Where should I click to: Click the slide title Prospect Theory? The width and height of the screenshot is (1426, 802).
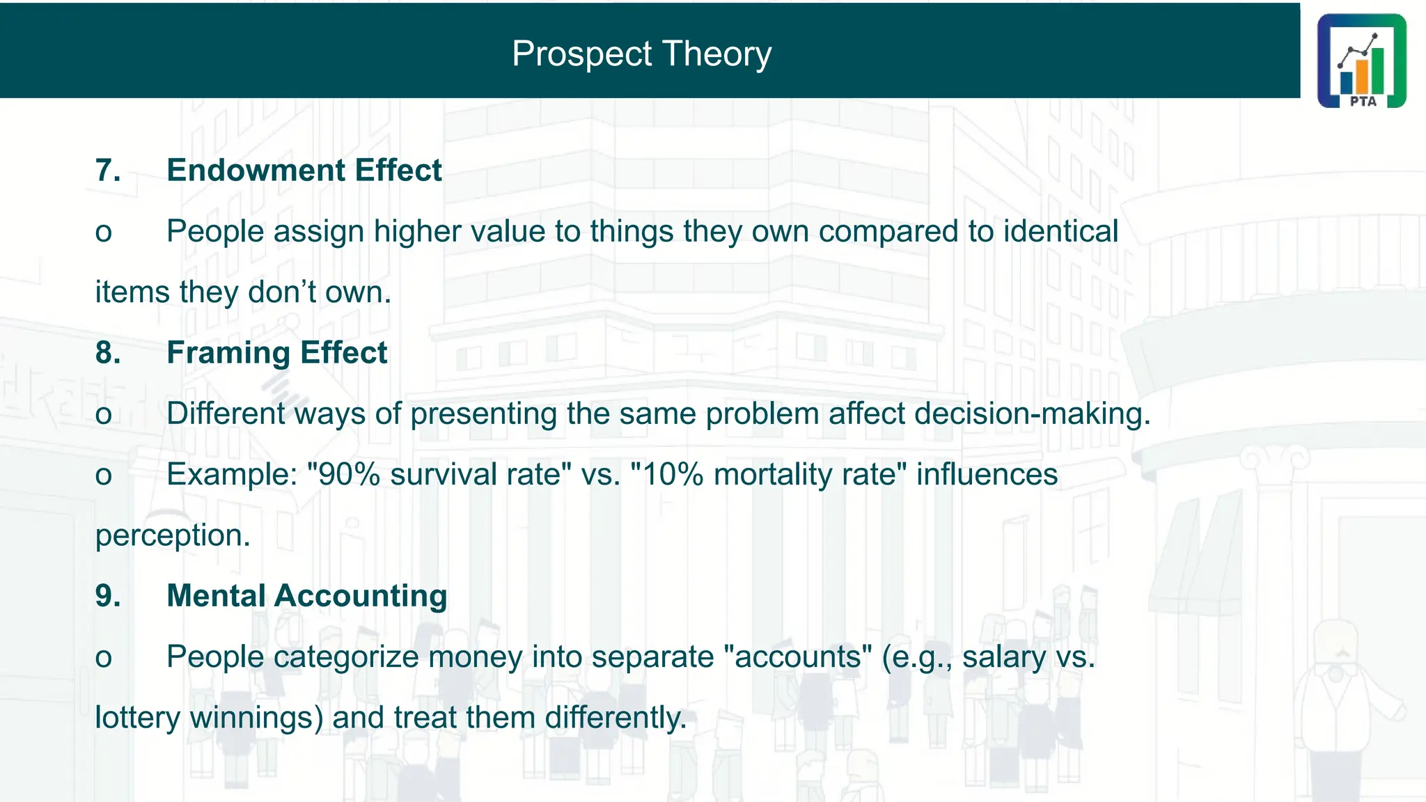pyautogui.click(x=641, y=54)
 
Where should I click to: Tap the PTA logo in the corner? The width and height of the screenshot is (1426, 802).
pyautogui.click(x=1361, y=61)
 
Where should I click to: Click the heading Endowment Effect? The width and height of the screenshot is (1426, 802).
pyautogui.click(x=304, y=171)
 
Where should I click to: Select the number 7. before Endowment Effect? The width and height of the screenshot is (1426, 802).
pyautogui.click(x=108, y=171)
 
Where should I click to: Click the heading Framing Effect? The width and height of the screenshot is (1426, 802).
pyautogui.click(x=276, y=353)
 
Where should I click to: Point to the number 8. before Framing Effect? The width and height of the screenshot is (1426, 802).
pyautogui.click(x=108, y=353)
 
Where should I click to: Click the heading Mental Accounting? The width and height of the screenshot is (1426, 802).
pyautogui.click(x=306, y=596)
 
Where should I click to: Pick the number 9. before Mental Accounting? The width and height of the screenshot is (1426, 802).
pyautogui.click(x=108, y=596)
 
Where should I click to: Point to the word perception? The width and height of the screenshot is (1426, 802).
pyautogui.click(x=172, y=535)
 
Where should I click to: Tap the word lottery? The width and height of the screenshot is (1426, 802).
pyautogui.click(x=137, y=718)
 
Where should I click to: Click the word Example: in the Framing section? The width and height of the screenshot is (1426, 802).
pyautogui.click(x=232, y=475)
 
